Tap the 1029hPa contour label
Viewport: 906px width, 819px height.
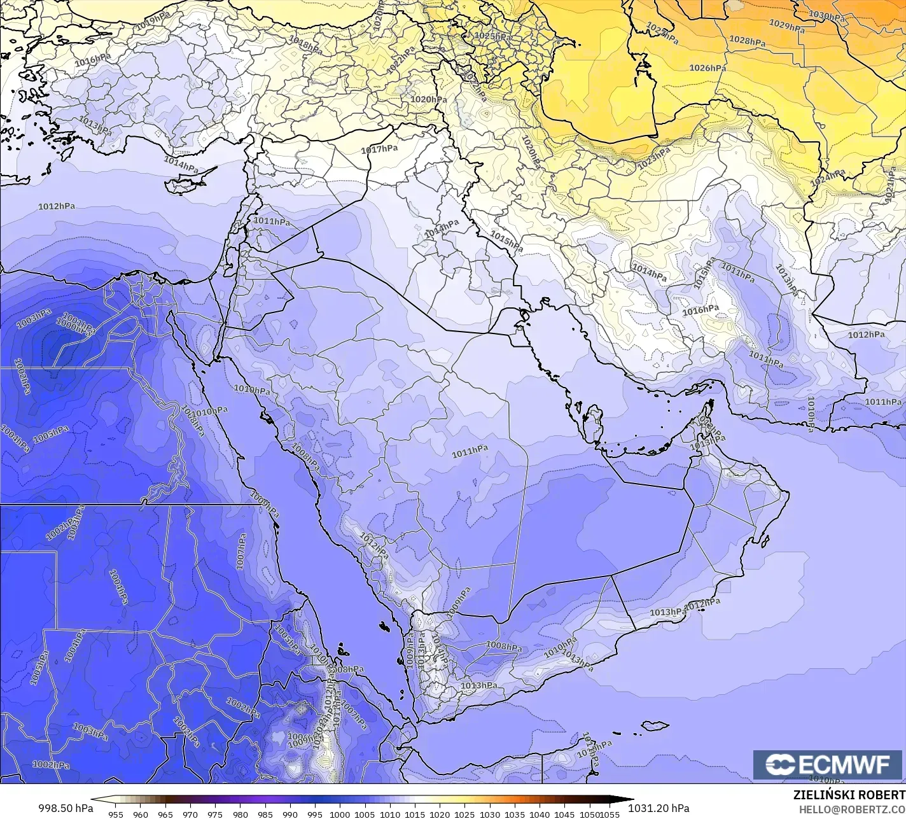point(788,25)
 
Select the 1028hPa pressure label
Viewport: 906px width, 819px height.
point(747,41)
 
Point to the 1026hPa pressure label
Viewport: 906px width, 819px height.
point(707,68)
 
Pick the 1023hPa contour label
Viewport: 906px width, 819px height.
point(654,157)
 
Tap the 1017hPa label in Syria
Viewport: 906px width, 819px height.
point(379,149)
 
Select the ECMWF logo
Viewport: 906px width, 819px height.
point(828,765)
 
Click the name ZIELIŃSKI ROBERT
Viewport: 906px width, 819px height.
point(849,795)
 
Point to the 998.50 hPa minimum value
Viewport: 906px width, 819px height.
point(66,808)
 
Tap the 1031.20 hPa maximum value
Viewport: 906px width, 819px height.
point(659,808)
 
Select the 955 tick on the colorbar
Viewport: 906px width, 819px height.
point(115,814)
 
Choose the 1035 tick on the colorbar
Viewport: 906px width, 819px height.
point(514,814)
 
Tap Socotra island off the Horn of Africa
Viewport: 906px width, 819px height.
point(654,725)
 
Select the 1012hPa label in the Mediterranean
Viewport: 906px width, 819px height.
point(57,206)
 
